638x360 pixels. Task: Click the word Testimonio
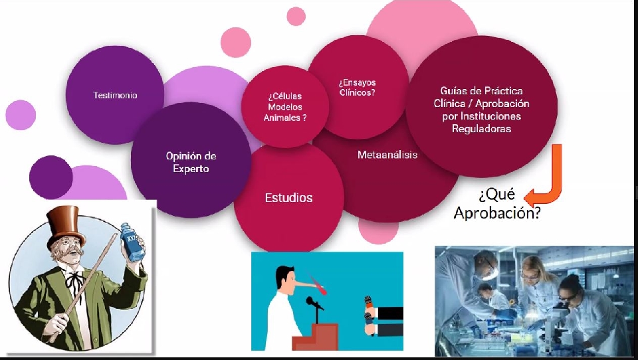tap(115, 95)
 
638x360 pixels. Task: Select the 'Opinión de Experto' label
tap(191, 162)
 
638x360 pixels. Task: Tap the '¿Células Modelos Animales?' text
tap(285, 107)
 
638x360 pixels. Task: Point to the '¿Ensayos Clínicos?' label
tap(358, 88)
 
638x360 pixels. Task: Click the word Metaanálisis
tap(387, 155)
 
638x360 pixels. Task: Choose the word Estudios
tap(289, 198)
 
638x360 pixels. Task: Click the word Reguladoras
tap(481, 129)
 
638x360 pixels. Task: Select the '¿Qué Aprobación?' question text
tap(497, 203)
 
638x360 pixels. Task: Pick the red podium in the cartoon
tap(315, 336)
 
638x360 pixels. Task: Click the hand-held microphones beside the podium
tap(368, 315)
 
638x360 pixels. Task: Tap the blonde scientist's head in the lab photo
tap(532, 270)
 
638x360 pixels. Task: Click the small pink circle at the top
tap(296, 16)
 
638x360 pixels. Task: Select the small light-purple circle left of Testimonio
tap(21, 115)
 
